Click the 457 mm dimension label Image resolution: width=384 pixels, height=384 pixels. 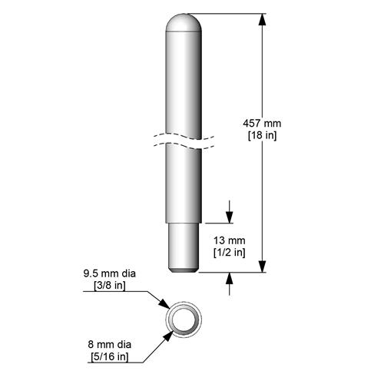pyautogui.click(x=263, y=123)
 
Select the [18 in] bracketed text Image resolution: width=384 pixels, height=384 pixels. pyautogui.click(x=263, y=135)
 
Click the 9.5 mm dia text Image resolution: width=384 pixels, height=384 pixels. pyautogui.click(x=108, y=273)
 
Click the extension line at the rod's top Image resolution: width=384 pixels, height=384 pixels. pyautogui.click(x=230, y=14)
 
